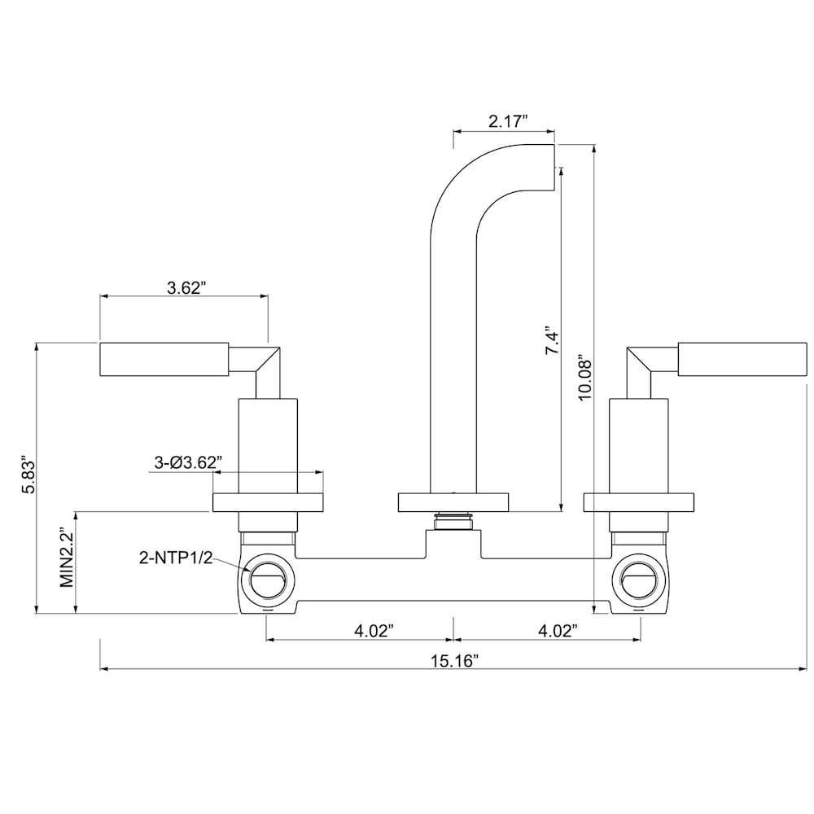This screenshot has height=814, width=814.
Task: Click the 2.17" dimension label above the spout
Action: tap(508, 121)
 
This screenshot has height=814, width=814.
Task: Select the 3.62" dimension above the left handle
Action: tap(186, 287)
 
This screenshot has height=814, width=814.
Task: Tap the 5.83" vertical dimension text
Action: tap(29, 475)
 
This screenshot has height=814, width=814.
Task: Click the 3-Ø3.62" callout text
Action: tap(188, 462)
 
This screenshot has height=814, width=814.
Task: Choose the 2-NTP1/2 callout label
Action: tap(174, 558)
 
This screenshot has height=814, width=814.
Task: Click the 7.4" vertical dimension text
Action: tap(553, 339)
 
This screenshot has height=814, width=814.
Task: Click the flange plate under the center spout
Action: tap(453, 502)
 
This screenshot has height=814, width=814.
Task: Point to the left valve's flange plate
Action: tap(268, 502)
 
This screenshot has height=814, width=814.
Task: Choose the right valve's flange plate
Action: tap(640, 502)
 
